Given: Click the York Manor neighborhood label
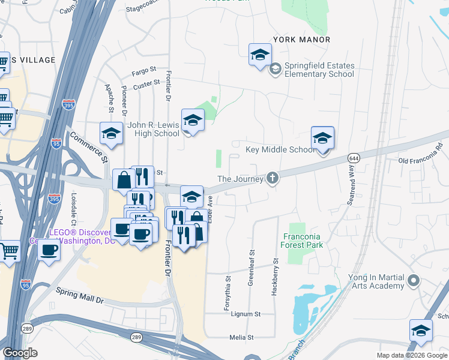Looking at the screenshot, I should coord(301,40).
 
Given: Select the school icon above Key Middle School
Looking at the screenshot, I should coord(322,138).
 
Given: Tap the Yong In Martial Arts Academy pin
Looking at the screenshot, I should coord(413,280).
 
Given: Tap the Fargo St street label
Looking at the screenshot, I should coord(144,72).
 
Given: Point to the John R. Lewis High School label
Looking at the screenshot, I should coord(154,130).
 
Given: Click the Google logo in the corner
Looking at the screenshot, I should coord(20,353).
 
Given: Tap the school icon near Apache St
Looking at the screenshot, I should coord(111,133).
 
